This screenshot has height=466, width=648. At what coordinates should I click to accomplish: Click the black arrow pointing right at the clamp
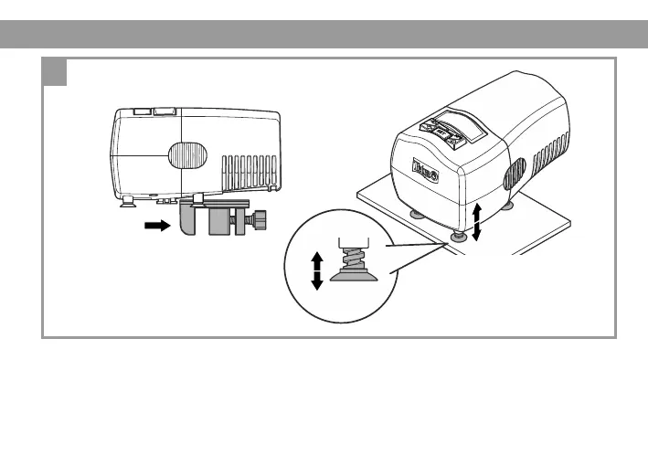click(x=157, y=226)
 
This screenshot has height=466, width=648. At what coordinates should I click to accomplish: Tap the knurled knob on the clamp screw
click(x=261, y=220)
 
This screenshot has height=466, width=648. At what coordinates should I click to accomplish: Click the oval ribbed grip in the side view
click(x=186, y=154)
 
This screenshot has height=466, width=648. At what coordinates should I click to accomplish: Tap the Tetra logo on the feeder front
click(x=427, y=171)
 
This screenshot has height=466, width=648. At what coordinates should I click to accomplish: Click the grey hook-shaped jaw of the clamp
click(x=190, y=220)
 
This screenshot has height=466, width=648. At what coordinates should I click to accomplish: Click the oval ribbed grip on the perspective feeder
click(x=515, y=174)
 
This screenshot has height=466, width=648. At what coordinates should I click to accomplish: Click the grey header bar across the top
click(x=324, y=34)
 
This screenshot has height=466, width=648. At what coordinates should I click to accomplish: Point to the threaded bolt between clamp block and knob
click(x=245, y=220)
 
